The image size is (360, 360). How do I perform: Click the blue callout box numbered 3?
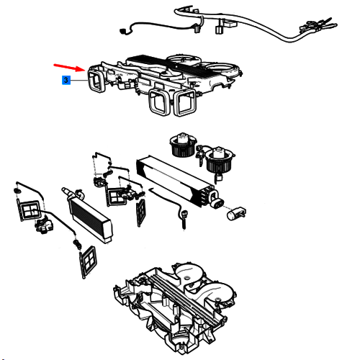point(66,80)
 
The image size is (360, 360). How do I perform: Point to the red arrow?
point(69,68)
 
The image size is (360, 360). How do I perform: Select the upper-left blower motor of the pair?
point(183,145)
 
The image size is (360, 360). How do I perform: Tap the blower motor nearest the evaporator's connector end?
point(219,160)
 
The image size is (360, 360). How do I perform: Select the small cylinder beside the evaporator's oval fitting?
point(236,213)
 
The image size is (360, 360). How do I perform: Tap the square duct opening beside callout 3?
point(96,79)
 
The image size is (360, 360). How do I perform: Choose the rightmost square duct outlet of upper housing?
point(185,102)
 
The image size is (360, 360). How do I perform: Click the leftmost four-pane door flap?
point(29,210)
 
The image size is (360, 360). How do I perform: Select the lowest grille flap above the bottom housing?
point(88,261)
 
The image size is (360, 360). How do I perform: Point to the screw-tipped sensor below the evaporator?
point(184,218)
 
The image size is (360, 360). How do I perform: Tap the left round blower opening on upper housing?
point(184,59)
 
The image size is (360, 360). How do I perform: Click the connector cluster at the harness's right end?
point(318,25)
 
